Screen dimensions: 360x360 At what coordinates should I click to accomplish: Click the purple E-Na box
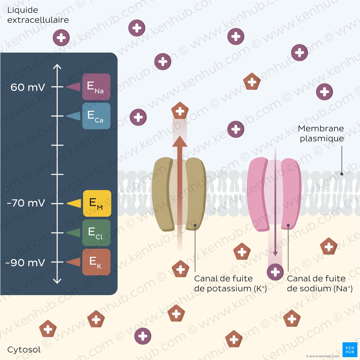point(96,87)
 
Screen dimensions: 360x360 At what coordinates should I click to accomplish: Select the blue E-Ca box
point(96,116)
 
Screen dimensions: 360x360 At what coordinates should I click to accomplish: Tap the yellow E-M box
point(97,203)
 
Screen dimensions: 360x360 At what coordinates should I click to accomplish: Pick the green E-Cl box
point(96,233)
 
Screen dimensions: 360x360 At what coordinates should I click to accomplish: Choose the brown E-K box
point(96,262)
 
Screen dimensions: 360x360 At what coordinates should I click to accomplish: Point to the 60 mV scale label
point(28,87)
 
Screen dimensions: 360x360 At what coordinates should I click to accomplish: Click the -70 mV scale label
point(26,203)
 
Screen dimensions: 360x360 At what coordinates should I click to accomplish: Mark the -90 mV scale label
point(25,263)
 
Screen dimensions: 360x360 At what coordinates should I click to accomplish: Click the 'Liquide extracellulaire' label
point(38,15)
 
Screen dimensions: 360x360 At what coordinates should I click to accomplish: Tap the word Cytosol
point(24,349)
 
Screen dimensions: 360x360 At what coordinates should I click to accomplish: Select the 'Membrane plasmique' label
point(321,133)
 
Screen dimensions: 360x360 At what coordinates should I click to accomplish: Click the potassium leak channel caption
point(230,284)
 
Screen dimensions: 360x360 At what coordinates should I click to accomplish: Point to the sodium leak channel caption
point(320,284)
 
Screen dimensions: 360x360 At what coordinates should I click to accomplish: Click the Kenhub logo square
point(350,349)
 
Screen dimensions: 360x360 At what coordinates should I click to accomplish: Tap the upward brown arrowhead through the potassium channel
point(180,141)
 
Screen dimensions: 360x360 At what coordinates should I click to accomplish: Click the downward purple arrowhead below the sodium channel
point(275,254)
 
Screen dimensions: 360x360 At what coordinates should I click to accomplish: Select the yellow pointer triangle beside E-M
point(74,203)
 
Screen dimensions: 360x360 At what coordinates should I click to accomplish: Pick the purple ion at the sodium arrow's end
point(275,272)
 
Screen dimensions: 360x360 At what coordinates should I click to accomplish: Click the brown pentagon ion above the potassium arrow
point(180,111)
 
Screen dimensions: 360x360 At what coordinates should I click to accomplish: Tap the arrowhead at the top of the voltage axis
point(57,67)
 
